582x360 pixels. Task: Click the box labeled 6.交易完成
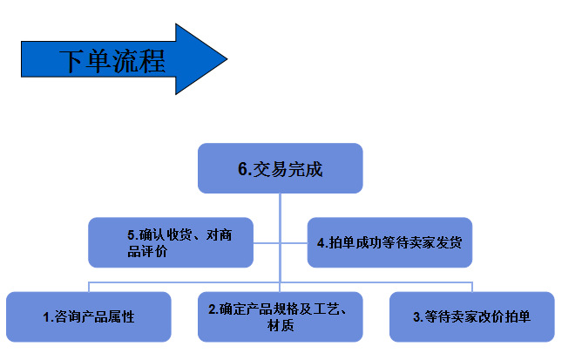pos(280,168)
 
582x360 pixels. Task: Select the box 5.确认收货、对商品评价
pos(171,242)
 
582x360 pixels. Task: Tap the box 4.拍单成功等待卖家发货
pos(389,242)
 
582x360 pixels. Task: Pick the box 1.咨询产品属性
pos(89,316)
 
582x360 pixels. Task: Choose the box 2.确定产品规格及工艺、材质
pos(280,316)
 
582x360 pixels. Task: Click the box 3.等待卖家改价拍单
pos(471,316)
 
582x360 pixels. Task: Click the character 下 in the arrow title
pos(71,61)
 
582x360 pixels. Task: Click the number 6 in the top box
pos(243,169)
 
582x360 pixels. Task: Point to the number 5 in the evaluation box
pos(131,234)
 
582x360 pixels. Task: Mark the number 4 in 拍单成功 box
pos(321,242)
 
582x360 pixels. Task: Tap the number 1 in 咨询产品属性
pos(46,317)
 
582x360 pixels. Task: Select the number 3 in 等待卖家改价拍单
pos(417,317)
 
